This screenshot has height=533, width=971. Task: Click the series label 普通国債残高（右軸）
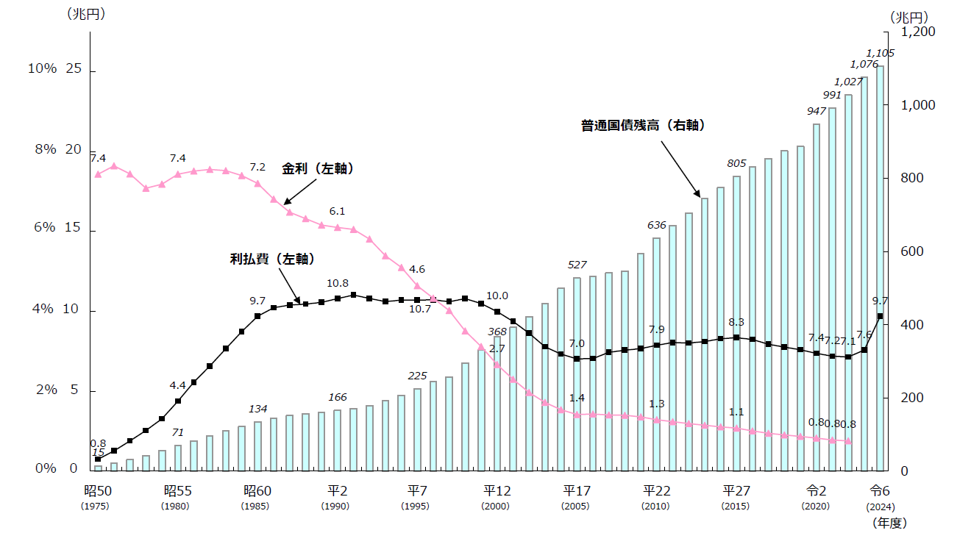coord(643,126)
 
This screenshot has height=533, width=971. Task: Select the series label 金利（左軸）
coord(319,169)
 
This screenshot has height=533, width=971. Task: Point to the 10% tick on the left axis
coord(42,68)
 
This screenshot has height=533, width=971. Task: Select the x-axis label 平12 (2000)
coord(498,491)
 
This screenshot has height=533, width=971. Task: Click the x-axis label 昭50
coord(98,491)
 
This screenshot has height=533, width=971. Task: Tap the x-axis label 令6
coord(880,491)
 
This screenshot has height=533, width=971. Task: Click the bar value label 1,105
coord(881,53)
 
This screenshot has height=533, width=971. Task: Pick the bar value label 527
coord(577,265)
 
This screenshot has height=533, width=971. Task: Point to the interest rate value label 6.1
coord(337,211)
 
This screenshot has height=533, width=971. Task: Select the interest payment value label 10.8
coord(337,283)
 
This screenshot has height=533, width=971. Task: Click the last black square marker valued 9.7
coord(880,316)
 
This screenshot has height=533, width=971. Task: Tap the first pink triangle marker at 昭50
coord(98,174)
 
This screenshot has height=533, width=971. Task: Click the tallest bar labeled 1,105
coord(880,268)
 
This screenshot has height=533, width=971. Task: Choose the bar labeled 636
coord(656,353)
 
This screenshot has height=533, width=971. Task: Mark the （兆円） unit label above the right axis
coord(909,16)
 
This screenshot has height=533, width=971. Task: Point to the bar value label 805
coord(736,163)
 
